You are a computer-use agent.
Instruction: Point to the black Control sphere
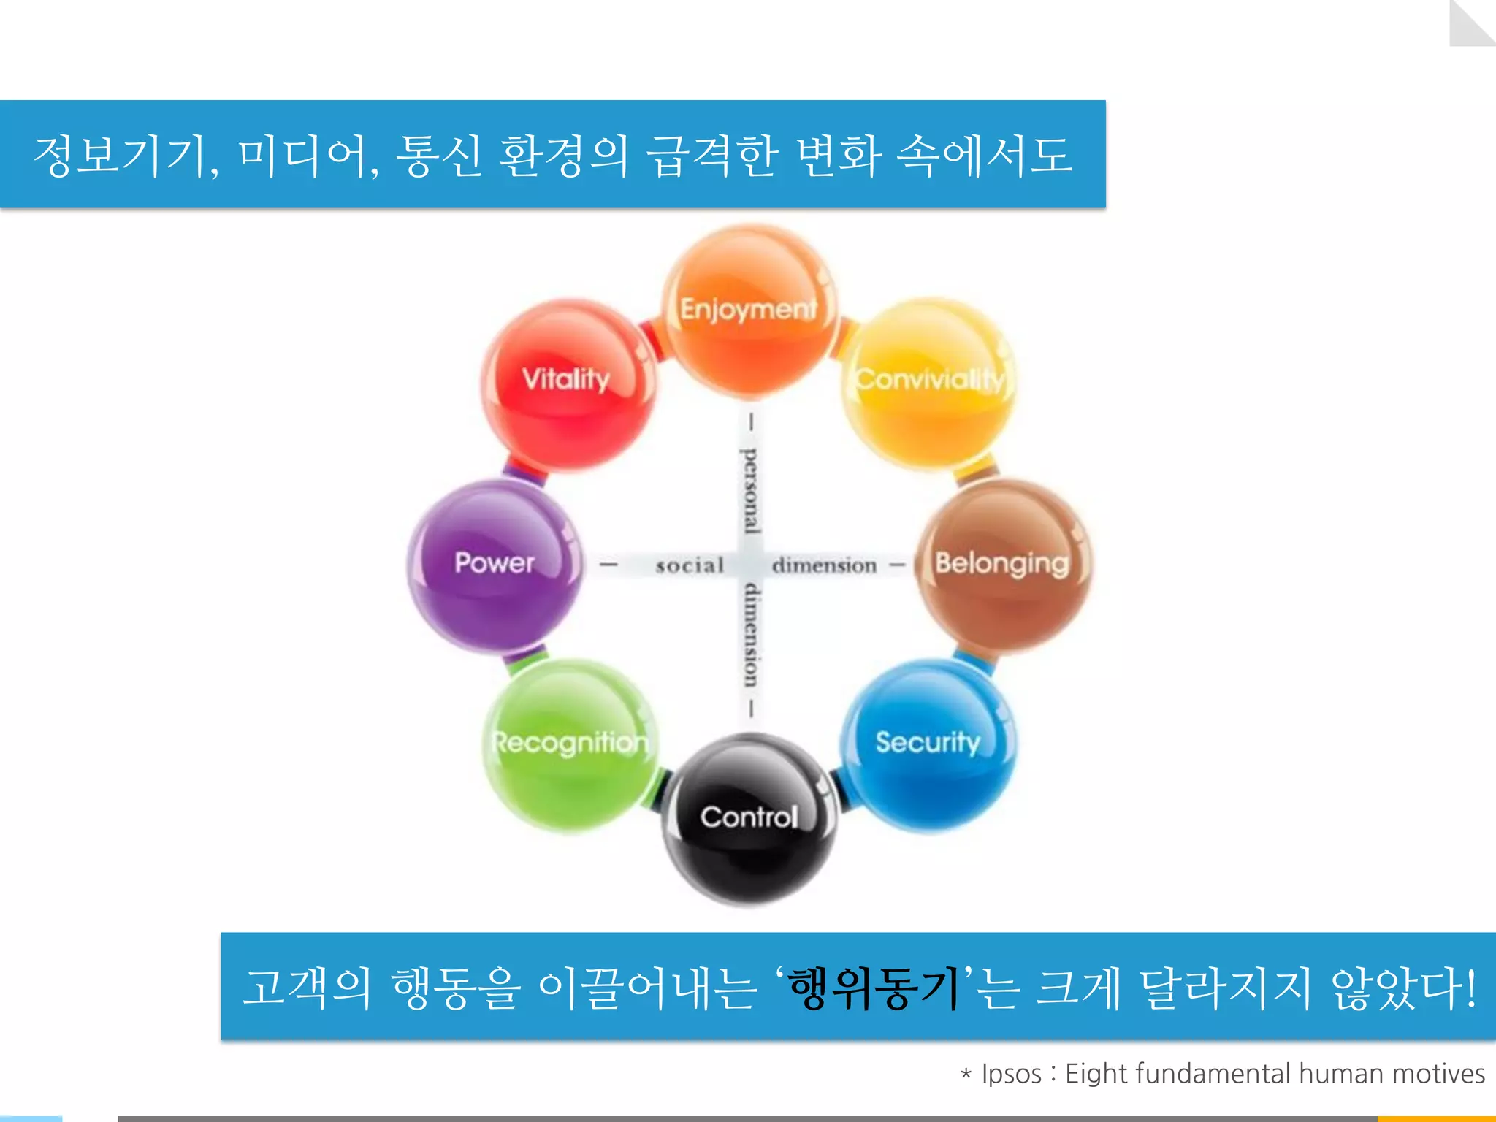coord(749,818)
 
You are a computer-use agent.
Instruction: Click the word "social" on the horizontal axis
coord(690,565)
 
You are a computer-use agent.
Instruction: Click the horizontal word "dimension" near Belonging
coord(824,565)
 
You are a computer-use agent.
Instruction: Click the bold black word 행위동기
coord(874,989)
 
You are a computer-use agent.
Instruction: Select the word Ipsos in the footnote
coord(1011,1074)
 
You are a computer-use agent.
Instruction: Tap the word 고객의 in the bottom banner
coord(307,989)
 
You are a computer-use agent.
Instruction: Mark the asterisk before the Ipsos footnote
coord(966,1074)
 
